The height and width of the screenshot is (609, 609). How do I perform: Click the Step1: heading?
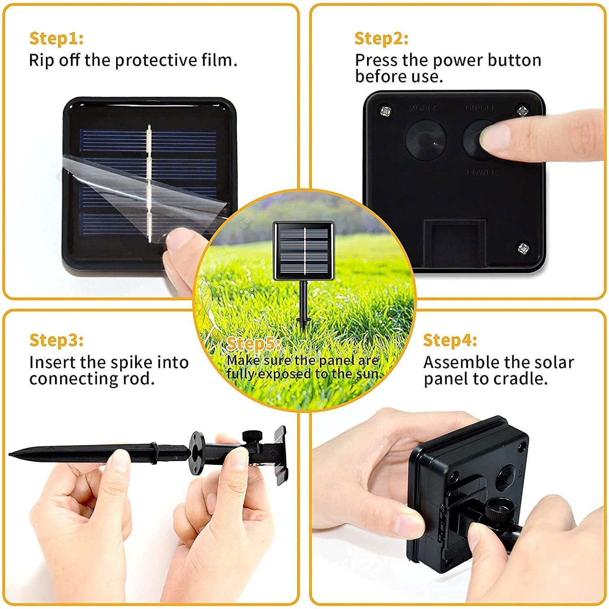[56, 39]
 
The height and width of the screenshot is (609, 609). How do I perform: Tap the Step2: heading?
[381, 39]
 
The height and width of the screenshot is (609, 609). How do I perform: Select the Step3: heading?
[56, 340]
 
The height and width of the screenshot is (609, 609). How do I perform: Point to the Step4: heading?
[450, 340]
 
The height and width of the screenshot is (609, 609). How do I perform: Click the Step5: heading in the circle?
[253, 344]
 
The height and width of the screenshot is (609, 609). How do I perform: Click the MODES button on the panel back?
[426, 139]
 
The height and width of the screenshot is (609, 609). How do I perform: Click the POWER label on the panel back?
[482, 173]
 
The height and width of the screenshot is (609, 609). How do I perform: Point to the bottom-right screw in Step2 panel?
[523, 247]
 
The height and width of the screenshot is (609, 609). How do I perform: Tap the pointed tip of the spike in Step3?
[12, 452]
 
